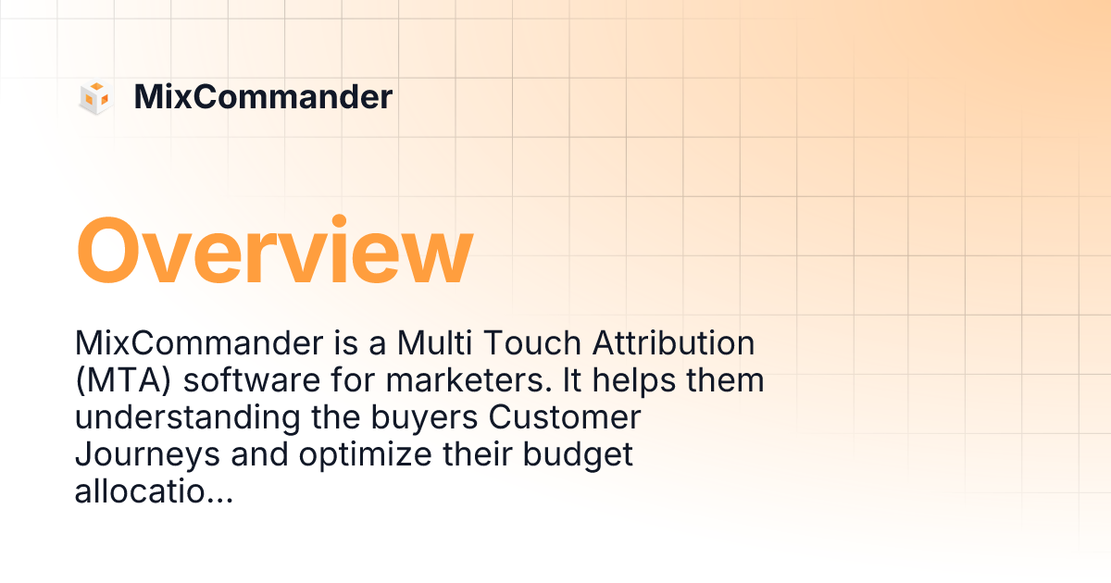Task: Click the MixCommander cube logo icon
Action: coord(95,97)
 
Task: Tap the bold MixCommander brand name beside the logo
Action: coord(263,97)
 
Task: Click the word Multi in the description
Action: coord(431,344)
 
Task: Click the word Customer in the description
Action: coord(565,419)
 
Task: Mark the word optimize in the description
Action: coord(356,456)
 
